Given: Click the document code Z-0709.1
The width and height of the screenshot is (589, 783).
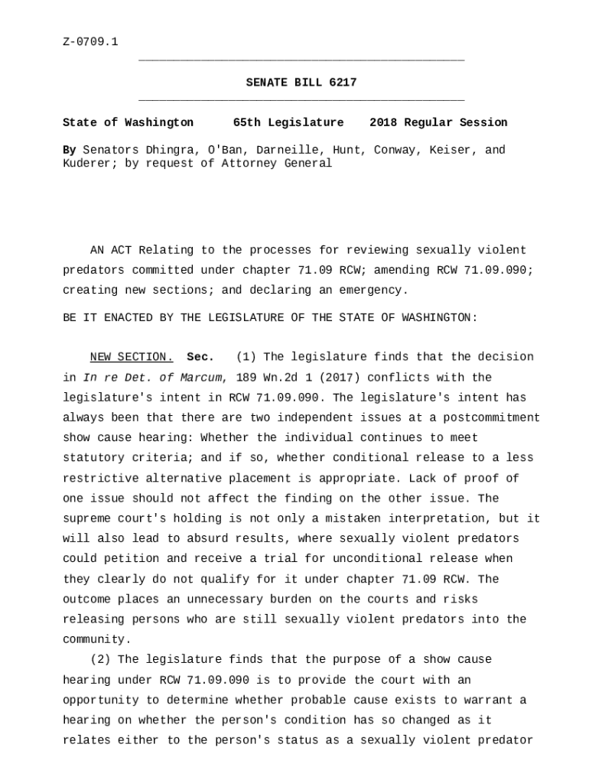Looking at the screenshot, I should click(90, 41).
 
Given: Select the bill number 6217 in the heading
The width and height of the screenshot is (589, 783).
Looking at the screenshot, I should click(343, 83).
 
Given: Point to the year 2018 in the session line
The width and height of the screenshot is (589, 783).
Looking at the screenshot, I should click(383, 122).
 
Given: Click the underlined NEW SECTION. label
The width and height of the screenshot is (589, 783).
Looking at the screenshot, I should click(132, 357).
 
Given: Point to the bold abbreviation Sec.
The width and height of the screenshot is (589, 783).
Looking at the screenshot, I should click(200, 357).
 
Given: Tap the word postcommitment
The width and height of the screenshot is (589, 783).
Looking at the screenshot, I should click(495, 417).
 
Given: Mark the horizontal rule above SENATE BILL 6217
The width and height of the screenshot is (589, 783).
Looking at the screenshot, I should click(301, 60).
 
